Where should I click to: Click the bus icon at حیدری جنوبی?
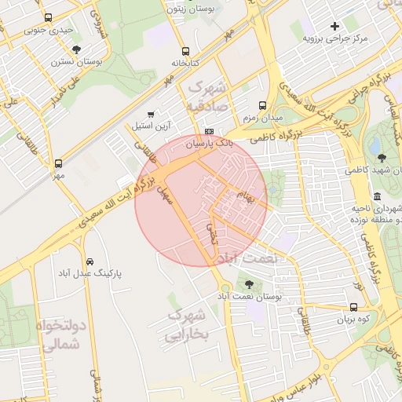(49, 17)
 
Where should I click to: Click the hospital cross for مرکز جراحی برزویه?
(335, 26)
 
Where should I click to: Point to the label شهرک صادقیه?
(206, 95)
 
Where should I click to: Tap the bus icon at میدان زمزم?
(262, 104)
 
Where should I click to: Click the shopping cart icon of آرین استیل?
(151, 115)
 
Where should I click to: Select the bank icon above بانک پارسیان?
(209, 132)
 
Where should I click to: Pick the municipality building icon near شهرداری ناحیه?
(378, 196)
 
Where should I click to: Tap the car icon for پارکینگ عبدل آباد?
(90, 261)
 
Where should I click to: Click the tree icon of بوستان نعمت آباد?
(250, 285)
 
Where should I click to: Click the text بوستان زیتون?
(192, 9)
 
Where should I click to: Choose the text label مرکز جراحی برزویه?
(338, 38)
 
